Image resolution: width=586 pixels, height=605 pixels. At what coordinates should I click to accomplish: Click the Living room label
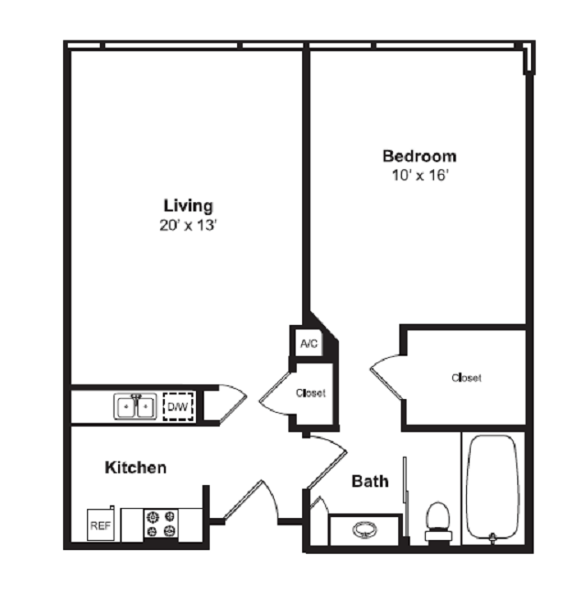pyautogui.click(x=188, y=205)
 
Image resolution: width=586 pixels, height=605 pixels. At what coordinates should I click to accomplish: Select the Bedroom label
pyautogui.click(x=419, y=156)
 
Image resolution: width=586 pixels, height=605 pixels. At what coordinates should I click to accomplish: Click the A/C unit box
pyautogui.click(x=309, y=344)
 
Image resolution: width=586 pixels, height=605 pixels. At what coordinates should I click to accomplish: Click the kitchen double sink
pyautogui.click(x=136, y=405)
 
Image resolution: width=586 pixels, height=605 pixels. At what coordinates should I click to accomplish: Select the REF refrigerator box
pyautogui.click(x=100, y=526)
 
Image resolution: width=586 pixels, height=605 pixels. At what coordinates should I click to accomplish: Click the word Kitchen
pyautogui.click(x=136, y=468)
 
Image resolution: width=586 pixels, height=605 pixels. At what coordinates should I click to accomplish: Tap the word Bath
pyautogui.click(x=370, y=481)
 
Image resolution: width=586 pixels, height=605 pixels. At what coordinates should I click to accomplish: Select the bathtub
pyautogui.click(x=493, y=490)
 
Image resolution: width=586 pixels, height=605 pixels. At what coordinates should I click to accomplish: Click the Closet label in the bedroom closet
pyautogui.click(x=466, y=377)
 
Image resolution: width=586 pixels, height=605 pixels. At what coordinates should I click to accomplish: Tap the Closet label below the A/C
pyautogui.click(x=310, y=394)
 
